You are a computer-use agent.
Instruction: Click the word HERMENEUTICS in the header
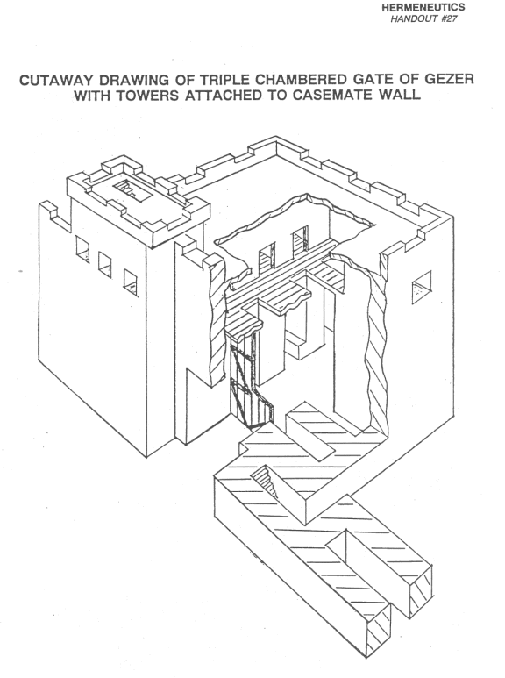tap(423, 7)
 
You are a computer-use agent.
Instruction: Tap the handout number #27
tap(449, 18)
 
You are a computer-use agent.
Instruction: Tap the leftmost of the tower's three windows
tap(82, 249)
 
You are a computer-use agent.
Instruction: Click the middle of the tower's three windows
tap(105, 265)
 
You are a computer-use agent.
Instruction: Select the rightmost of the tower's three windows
tap(131, 282)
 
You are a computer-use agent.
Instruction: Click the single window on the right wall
tap(422, 287)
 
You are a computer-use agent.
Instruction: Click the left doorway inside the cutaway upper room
tap(267, 260)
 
